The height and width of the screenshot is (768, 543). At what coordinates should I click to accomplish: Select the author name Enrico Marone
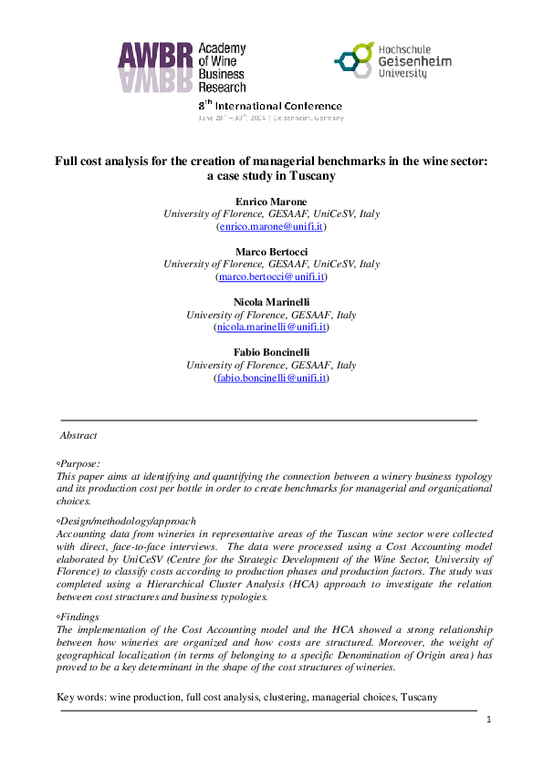tap(271, 201)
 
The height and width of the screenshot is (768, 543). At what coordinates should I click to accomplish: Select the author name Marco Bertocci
tap(271, 251)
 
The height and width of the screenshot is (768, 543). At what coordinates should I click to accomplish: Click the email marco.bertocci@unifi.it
tap(271, 276)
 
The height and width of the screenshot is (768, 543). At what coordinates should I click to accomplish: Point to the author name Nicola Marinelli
tap(271, 301)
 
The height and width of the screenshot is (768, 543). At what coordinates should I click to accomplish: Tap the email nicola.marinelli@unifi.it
tap(271, 327)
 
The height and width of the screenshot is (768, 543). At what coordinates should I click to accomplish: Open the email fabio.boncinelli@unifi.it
tap(271, 377)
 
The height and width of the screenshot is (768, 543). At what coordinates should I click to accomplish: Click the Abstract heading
tap(78, 436)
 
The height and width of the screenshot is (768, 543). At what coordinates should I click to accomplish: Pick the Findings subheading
tap(80, 618)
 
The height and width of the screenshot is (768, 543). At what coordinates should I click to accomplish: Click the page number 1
tap(489, 720)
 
